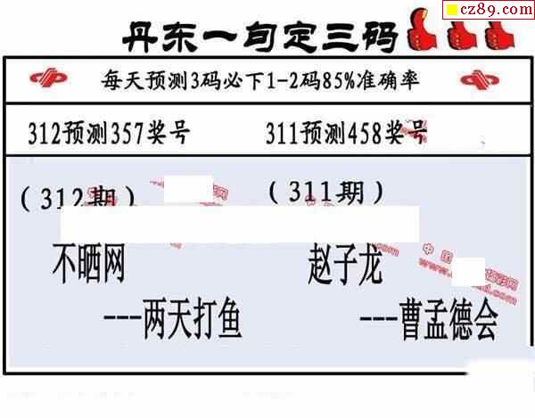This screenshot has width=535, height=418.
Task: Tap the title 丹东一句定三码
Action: click(259, 37)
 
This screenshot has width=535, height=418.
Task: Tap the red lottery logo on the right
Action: click(481, 81)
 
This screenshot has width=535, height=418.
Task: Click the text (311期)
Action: click(325, 190)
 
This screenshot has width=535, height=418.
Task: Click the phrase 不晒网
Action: click(88, 265)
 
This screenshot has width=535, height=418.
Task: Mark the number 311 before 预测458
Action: click(286, 134)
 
